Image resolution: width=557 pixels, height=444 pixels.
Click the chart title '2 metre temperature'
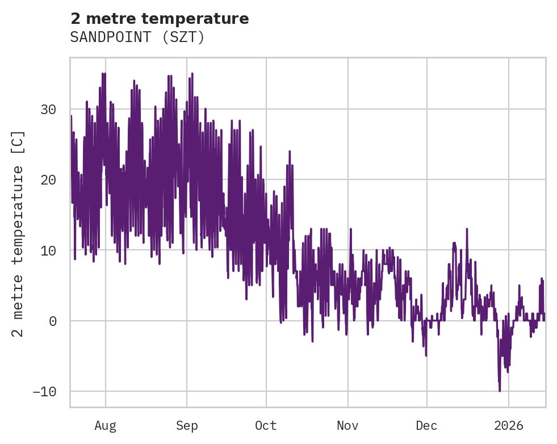tap(160, 19)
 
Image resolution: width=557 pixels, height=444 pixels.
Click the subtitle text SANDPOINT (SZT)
tap(137, 37)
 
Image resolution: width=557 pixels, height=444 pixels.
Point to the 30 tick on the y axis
tap(49, 109)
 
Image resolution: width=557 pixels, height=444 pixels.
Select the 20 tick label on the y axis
tap(49, 179)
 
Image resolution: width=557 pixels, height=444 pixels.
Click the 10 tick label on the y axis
tap(49, 250)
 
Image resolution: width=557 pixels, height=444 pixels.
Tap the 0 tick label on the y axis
tap(53, 321)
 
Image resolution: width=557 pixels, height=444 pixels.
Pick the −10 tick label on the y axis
tap(45, 391)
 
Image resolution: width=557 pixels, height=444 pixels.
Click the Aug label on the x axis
tap(106, 425)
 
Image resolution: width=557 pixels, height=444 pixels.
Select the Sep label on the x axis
tap(187, 425)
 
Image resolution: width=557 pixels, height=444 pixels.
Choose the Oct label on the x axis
tap(266, 425)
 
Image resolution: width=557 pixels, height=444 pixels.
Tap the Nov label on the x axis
tap(347, 425)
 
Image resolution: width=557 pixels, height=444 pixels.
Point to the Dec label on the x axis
tap(426, 425)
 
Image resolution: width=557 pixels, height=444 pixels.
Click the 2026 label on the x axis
tap(509, 425)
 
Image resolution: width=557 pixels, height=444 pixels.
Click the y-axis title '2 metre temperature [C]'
tap(19, 233)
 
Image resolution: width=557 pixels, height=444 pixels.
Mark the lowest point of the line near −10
tap(500, 391)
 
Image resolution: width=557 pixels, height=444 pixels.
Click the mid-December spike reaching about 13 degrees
tap(467, 229)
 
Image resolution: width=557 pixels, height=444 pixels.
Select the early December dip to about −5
tap(426, 355)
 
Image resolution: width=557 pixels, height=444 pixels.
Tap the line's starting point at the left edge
tap(71, 116)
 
